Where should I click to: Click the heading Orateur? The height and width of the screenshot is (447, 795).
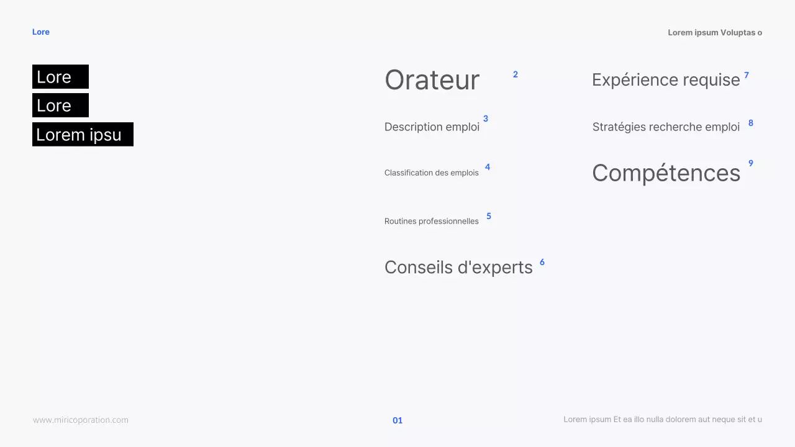coord(432,80)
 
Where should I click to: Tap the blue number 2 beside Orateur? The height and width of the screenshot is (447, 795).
coord(516,74)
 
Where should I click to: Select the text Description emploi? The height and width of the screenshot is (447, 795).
coord(432,127)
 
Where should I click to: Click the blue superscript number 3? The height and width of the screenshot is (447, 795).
coord(486,119)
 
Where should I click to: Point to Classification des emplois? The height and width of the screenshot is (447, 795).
coord(432,173)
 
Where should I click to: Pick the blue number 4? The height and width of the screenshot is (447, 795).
coord(488,167)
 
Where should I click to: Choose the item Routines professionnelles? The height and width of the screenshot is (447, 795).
coord(432,221)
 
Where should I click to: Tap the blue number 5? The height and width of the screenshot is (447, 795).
coord(489,216)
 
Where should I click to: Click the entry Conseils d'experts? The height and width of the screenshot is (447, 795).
coord(458,267)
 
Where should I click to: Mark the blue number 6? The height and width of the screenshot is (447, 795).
coord(542,262)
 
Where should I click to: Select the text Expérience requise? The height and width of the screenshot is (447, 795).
coord(666,80)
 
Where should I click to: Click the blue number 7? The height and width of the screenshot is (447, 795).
coord(747,75)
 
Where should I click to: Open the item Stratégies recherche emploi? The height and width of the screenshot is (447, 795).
coord(666,127)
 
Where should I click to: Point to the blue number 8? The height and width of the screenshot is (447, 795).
coord(751,123)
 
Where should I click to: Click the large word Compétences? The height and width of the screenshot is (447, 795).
coord(666,173)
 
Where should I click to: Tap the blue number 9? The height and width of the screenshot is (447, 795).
coord(751,163)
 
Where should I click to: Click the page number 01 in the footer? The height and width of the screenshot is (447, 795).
coord(397,420)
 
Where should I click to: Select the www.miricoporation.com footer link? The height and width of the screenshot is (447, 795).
coord(81,420)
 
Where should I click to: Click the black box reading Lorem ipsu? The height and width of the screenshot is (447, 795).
coord(83,134)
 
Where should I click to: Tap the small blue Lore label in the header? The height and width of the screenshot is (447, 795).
coord(41,32)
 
